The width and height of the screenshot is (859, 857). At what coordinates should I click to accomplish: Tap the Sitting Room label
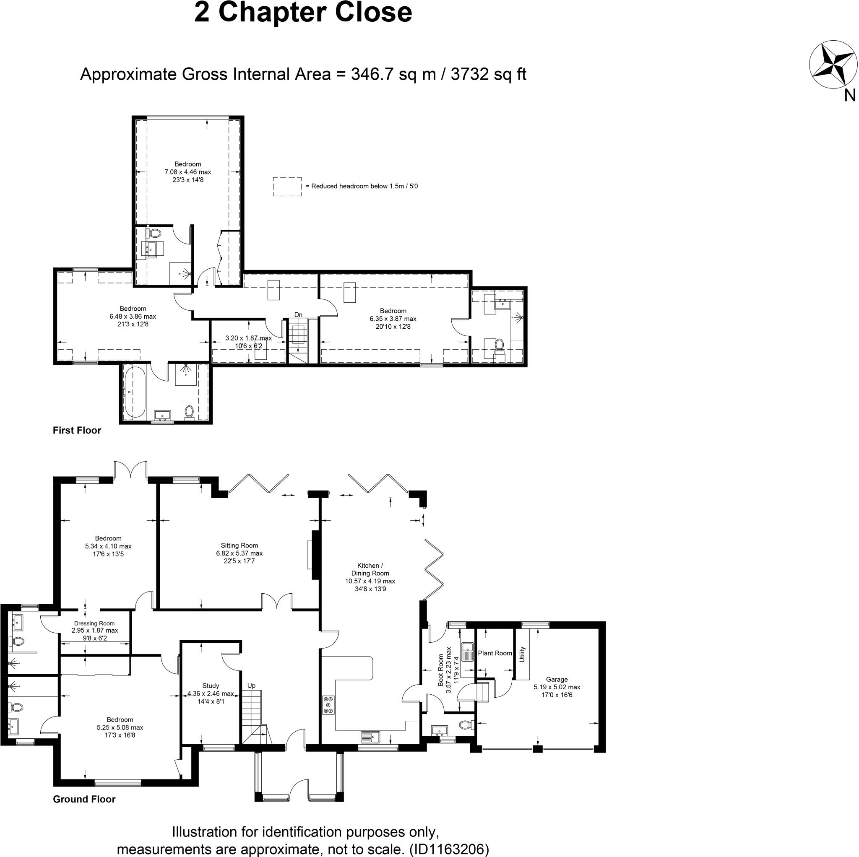point(239,545)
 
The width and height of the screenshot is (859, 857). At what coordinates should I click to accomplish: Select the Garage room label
point(557,679)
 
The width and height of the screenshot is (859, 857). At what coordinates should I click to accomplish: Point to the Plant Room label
point(495,653)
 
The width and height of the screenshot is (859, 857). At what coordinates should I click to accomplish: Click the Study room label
point(210,686)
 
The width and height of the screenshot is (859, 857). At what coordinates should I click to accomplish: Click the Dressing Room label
point(94,623)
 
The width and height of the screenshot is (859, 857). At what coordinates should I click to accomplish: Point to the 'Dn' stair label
point(298,315)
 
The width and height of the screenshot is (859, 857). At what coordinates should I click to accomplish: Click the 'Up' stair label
point(251,686)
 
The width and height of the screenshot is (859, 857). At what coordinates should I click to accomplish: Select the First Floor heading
point(77,430)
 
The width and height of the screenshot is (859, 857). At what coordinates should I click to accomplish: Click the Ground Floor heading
point(84,799)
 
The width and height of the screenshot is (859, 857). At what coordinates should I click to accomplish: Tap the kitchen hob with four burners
point(328,704)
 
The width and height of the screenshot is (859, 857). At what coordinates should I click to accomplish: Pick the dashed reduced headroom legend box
point(287,187)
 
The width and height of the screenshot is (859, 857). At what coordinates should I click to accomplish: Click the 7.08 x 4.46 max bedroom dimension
point(187,172)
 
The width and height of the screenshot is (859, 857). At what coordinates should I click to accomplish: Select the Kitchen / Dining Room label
point(370,569)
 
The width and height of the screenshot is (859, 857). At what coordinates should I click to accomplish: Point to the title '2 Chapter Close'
point(303,13)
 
